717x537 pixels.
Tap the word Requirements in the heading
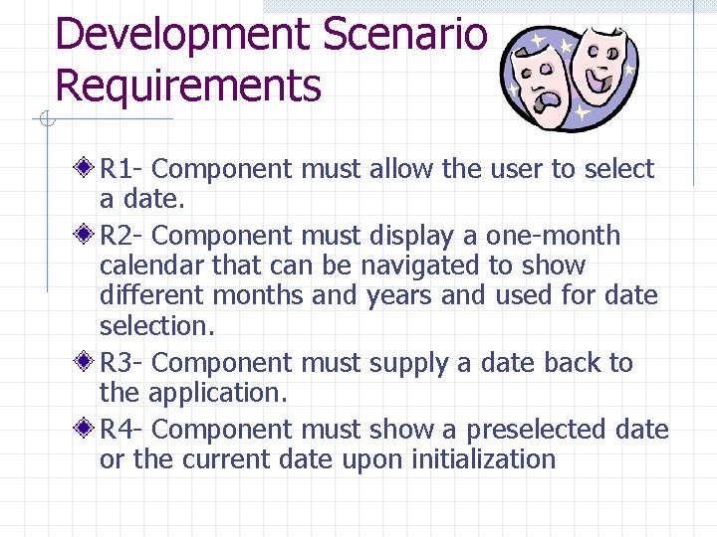tap(188, 86)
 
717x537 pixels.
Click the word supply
tap(408, 364)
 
